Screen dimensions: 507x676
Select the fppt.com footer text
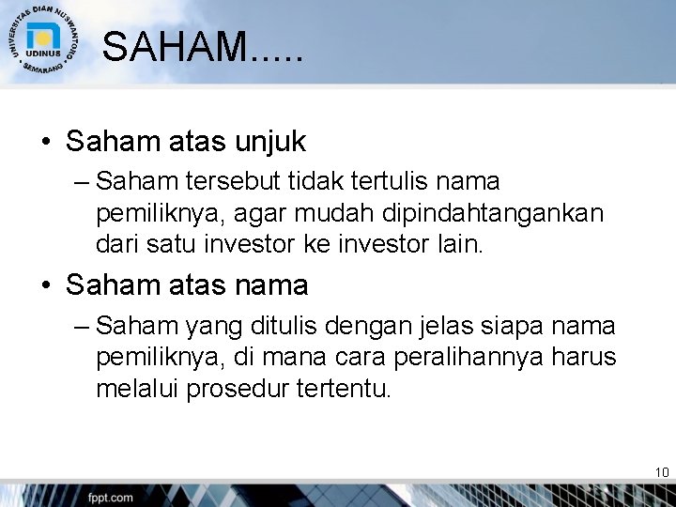coord(112,497)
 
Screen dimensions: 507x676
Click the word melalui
coord(137,390)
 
